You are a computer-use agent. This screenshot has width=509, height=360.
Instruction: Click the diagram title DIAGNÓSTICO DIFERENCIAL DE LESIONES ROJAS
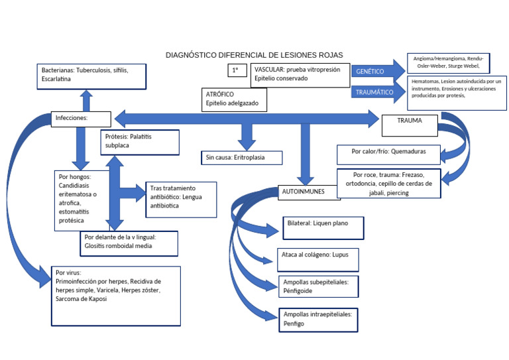pos(254,55)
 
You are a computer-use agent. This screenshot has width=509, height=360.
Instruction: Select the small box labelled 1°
pos(236,70)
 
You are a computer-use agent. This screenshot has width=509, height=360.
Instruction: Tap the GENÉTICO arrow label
pos(370,71)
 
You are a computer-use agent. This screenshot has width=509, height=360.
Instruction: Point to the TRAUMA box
pos(410,121)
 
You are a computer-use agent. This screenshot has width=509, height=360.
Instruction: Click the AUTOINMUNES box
pos(304,191)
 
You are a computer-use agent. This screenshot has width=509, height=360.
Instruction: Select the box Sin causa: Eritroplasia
pos(242,158)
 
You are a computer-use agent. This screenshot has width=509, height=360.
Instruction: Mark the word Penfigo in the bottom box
pos(294,324)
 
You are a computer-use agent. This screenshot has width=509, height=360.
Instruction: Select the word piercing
pos(398,193)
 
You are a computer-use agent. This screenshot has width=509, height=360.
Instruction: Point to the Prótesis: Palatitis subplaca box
pos(141,142)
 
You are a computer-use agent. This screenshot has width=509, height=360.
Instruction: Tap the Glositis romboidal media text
pos(119,245)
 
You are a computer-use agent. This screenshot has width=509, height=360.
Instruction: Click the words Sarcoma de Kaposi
pos(82,299)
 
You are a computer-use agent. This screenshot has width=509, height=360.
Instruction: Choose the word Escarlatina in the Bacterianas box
pos(56,79)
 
